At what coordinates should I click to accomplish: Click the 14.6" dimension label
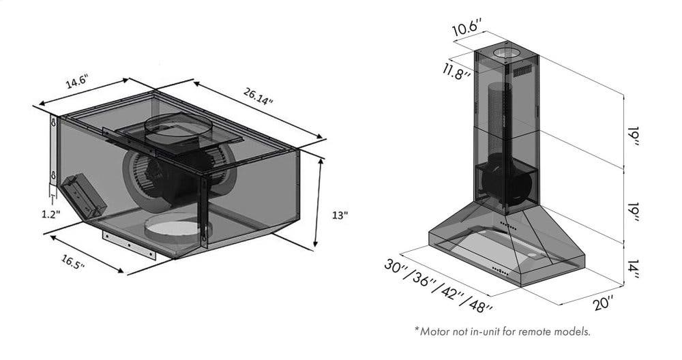pyautogui.click(x=77, y=81)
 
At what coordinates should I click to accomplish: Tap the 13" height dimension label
pyautogui.click(x=340, y=215)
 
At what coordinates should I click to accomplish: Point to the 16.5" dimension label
pyautogui.click(x=73, y=262)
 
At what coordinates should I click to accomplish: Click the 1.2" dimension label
pyautogui.click(x=51, y=214)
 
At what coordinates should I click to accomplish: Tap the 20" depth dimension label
pyautogui.click(x=604, y=303)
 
